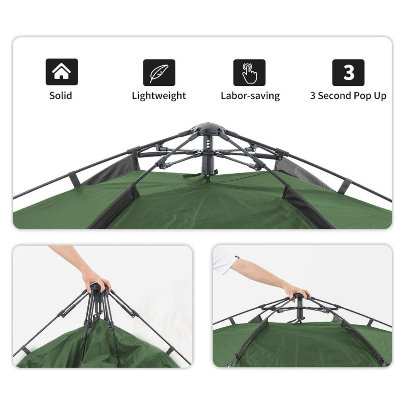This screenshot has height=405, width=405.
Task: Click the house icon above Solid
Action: (x=62, y=72)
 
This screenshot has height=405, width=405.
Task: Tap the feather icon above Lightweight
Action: (x=159, y=73)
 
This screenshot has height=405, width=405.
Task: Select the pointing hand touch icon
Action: (x=249, y=73)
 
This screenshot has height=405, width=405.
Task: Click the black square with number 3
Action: (x=348, y=73)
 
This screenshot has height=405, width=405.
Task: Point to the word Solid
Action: (x=61, y=96)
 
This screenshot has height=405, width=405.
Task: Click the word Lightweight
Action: (x=159, y=96)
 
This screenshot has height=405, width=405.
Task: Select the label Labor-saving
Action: (x=250, y=96)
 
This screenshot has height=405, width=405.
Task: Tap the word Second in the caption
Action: (x=334, y=96)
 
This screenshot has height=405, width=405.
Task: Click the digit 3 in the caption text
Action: (x=312, y=96)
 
